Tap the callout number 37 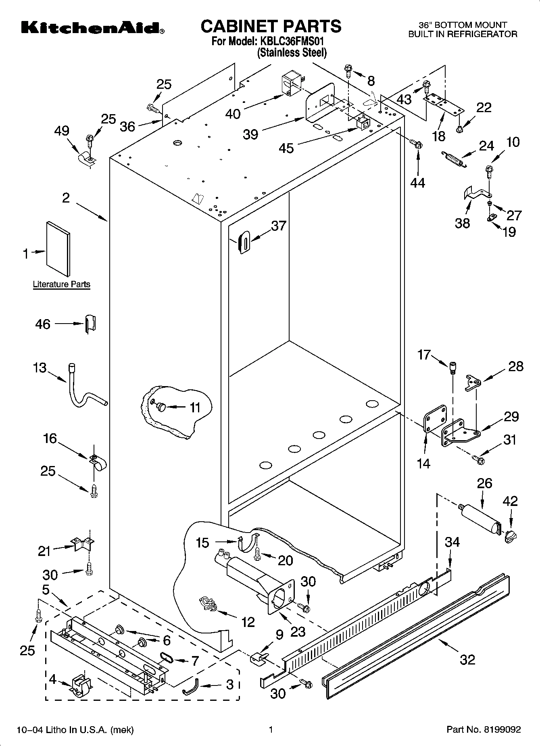tap(279, 226)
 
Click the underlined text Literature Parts tap(61, 284)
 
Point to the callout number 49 tap(62, 131)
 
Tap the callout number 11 tap(195, 407)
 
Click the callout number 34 tap(452, 542)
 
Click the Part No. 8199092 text tap(484, 729)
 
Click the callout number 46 tap(43, 324)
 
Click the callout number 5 tap(46, 590)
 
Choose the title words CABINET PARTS tap(271, 26)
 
